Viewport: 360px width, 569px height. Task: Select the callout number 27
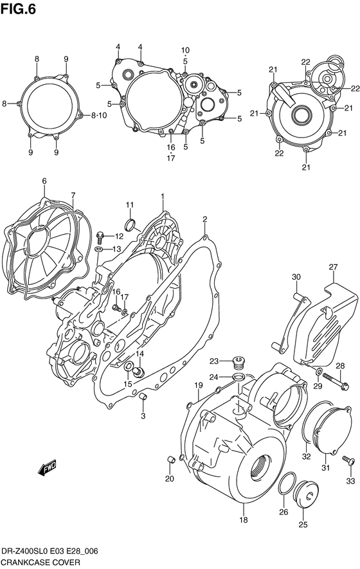tap(333, 267)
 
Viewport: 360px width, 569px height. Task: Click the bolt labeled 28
tap(336, 385)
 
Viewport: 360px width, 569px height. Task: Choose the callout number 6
tap(44, 182)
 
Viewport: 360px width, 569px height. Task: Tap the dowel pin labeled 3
tap(144, 402)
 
